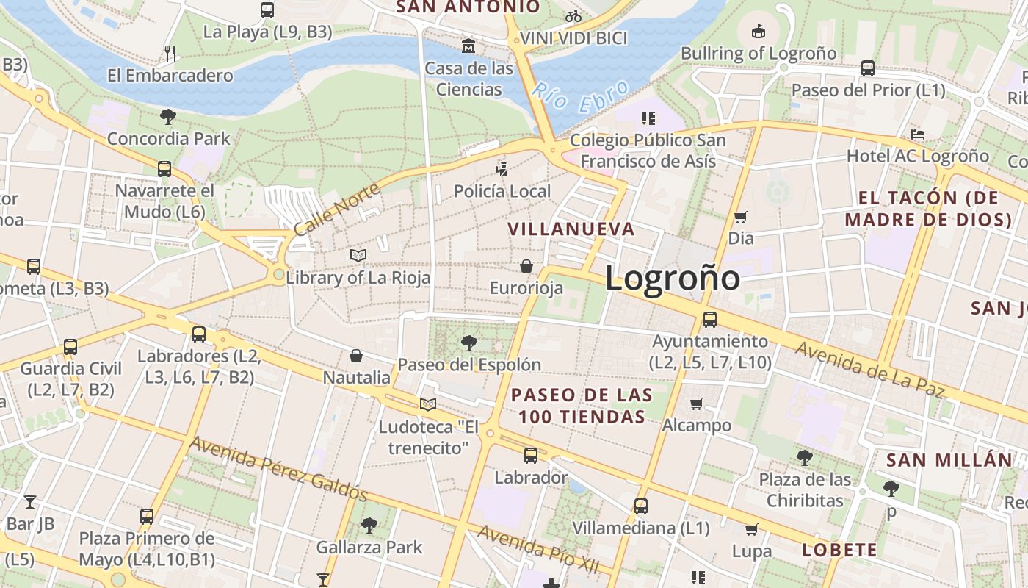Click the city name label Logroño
pyautogui.click(x=672, y=278)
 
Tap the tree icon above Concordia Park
pyautogui.click(x=168, y=116)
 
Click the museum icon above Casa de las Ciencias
pyautogui.click(x=468, y=47)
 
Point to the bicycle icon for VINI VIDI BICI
pyautogui.click(x=573, y=16)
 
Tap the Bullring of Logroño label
pyautogui.click(x=759, y=53)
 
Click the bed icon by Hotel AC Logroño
pyautogui.click(x=917, y=135)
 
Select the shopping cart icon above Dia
pyautogui.click(x=741, y=218)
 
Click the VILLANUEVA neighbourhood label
pyautogui.click(x=571, y=229)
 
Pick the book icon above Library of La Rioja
pyautogui.click(x=358, y=256)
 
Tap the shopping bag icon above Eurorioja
pyautogui.click(x=526, y=266)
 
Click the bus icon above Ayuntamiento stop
pyautogui.click(x=710, y=320)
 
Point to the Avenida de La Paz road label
pyautogui.click(x=869, y=369)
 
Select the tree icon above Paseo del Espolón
pyautogui.click(x=468, y=343)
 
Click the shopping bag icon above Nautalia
pyautogui.click(x=356, y=356)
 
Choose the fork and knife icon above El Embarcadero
pyautogui.click(x=170, y=53)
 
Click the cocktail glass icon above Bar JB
pyautogui.click(x=30, y=502)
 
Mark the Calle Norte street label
pyautogui.click(x=337, y=209)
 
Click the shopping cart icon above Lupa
pyautogui.click(x=751, y=529)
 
